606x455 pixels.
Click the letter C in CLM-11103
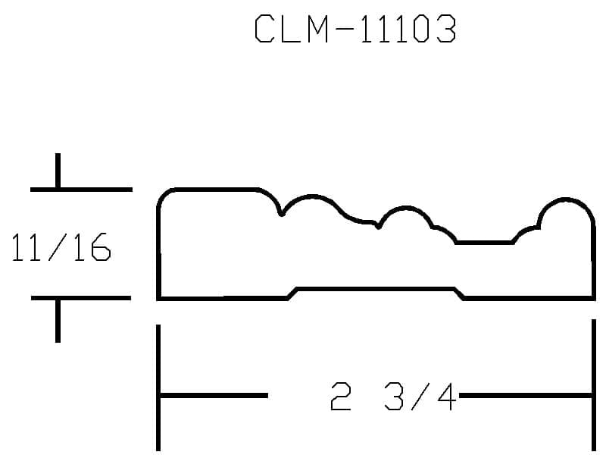pyautogui.click(x=264, y=29)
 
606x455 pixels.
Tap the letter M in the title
pyautogui.click(x=318, y=29)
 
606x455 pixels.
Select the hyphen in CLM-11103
pyautogui.click(x=344, y=29)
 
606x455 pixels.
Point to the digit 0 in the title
pyautogui.click(x=420, y=29)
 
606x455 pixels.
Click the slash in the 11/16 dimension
pyautogui.click(x=58, y=247)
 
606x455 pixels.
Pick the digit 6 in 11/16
pyautogui.click(x=102, y=247)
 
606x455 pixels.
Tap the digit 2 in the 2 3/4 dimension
pyautogui.click(x=341, y=396)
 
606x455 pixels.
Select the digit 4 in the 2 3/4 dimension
pyautogui.click(x=447, y=396)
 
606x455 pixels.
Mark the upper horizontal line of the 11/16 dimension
pyautogui.click(x=81, y=190)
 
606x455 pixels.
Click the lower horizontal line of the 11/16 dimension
pyautogui.click(x=81, y=298)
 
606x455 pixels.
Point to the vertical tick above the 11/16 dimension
pyautogui.click(x=58, y=170)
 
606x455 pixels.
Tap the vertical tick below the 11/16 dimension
pyautogui.click(x=58, y=321)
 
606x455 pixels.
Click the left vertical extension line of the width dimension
pyautogui.click(x=158, y=388)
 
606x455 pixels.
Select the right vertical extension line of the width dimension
pyautogui.click(x=594, y=385)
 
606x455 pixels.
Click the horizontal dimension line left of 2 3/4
pyautogui.click(x=214, y=395)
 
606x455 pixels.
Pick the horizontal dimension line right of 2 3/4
pyautogui.click(x=526, y=395)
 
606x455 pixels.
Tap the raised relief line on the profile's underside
pyautogui.click(x=376, y=289)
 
